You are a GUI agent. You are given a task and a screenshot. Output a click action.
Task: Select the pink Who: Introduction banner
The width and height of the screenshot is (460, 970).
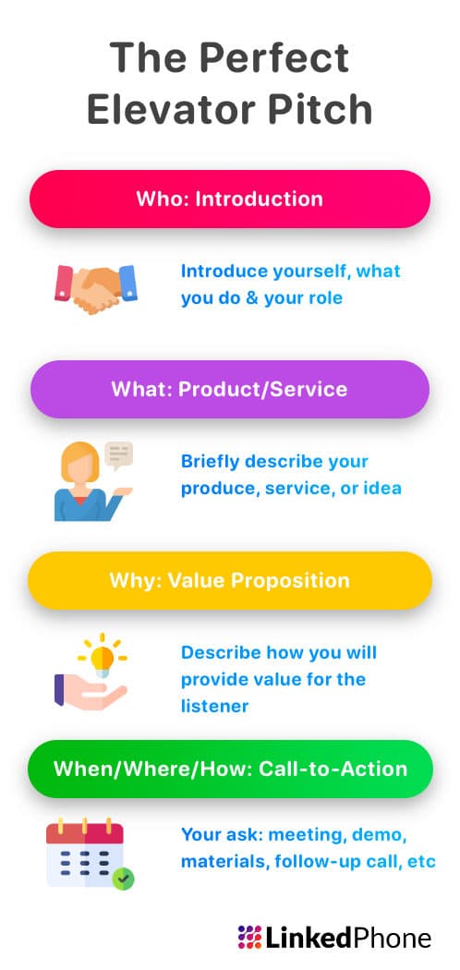(230, 199)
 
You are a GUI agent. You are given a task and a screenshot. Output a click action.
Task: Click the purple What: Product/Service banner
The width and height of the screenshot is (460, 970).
(230, 389)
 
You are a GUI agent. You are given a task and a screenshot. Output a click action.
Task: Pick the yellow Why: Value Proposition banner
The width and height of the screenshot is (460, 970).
(230, 581)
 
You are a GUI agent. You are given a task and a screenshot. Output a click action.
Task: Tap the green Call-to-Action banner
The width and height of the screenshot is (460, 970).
(230, 769)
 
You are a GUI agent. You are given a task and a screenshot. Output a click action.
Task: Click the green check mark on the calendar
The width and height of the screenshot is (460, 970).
(123, 879)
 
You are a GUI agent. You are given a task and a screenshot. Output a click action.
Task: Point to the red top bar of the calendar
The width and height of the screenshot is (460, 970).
(85, 832)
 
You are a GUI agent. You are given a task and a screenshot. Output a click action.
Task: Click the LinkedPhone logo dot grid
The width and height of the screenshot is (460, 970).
(249, 939)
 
